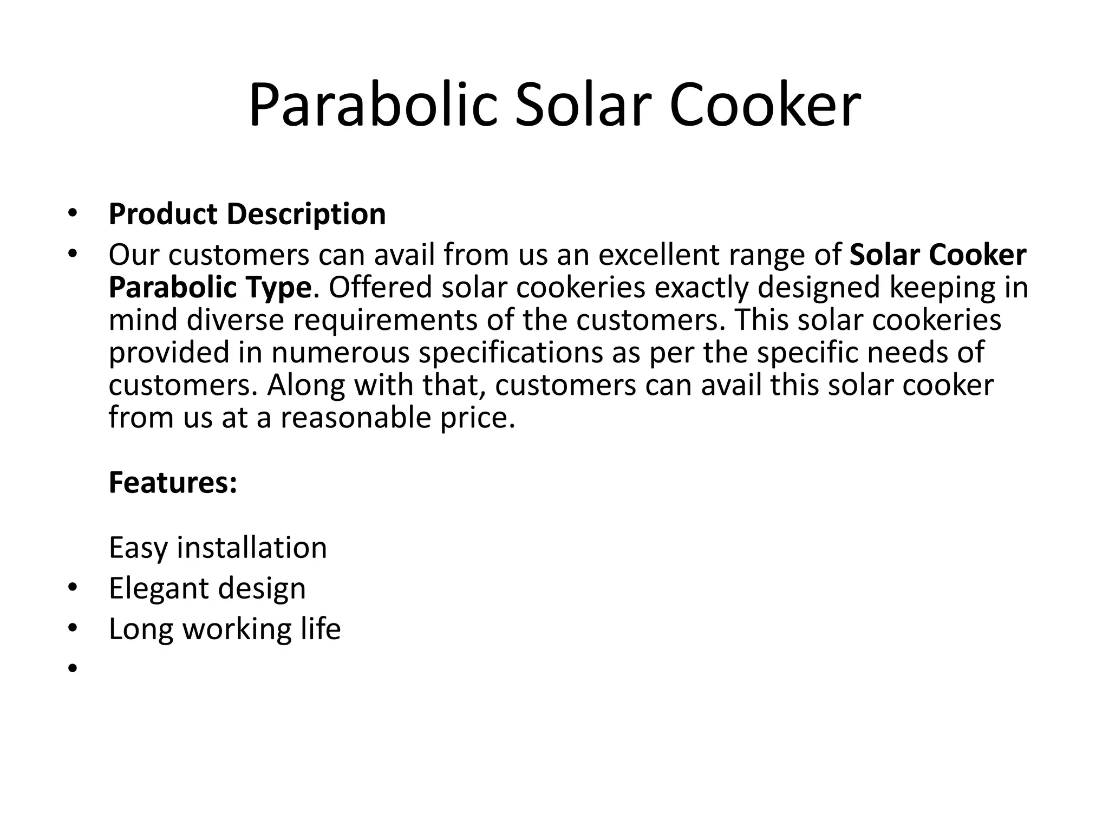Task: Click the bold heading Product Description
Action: pyautogui.click(x=247, y=214)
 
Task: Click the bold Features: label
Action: pyautogui.click(x=173, y=483)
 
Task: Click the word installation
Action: pyautogui.click(x=252, y=548)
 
